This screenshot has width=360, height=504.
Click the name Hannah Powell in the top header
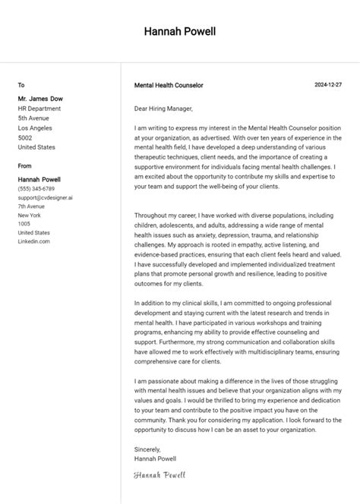click(179, 32)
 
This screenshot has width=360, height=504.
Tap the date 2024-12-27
click(327, 85)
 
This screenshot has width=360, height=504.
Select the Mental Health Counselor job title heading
click(168, 86)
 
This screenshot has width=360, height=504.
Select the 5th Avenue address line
click(34, 118)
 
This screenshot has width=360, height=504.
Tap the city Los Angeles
click(36, 128)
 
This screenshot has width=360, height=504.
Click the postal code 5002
click(25, 137)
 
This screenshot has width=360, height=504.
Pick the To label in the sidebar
click(21, 85)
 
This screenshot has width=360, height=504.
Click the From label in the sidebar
click(25, 165)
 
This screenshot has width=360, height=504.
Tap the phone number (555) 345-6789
click(36, 188)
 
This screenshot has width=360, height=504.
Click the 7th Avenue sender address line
click(32, 206)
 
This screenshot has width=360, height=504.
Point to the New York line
click(30, 216)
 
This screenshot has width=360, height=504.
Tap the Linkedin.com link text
click(34, 241)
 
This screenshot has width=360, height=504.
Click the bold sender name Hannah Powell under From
click(39, 179)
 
